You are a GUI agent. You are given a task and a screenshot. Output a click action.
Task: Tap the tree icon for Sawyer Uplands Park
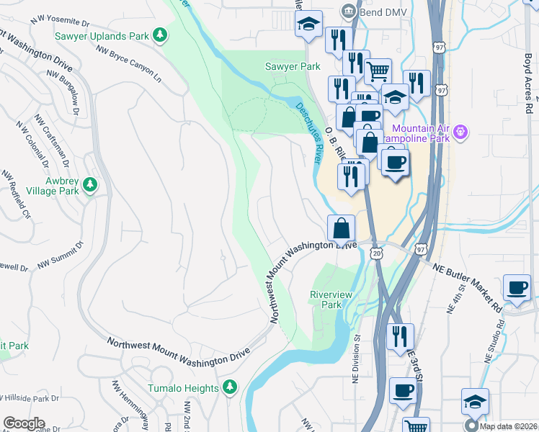(163, 35)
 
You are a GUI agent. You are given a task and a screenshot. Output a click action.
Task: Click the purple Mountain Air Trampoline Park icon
(461, 132)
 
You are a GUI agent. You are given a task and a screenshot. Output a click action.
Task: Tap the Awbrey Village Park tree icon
(90, 186)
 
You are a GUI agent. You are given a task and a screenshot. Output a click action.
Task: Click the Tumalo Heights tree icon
(230, 388)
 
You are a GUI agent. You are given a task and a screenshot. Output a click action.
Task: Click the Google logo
(24, 423)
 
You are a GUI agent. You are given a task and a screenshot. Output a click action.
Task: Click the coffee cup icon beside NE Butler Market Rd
(517, 287)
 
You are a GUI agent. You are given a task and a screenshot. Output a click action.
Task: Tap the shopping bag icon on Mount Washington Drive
(342, 228)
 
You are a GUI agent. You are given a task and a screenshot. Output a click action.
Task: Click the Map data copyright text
(509, 424)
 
